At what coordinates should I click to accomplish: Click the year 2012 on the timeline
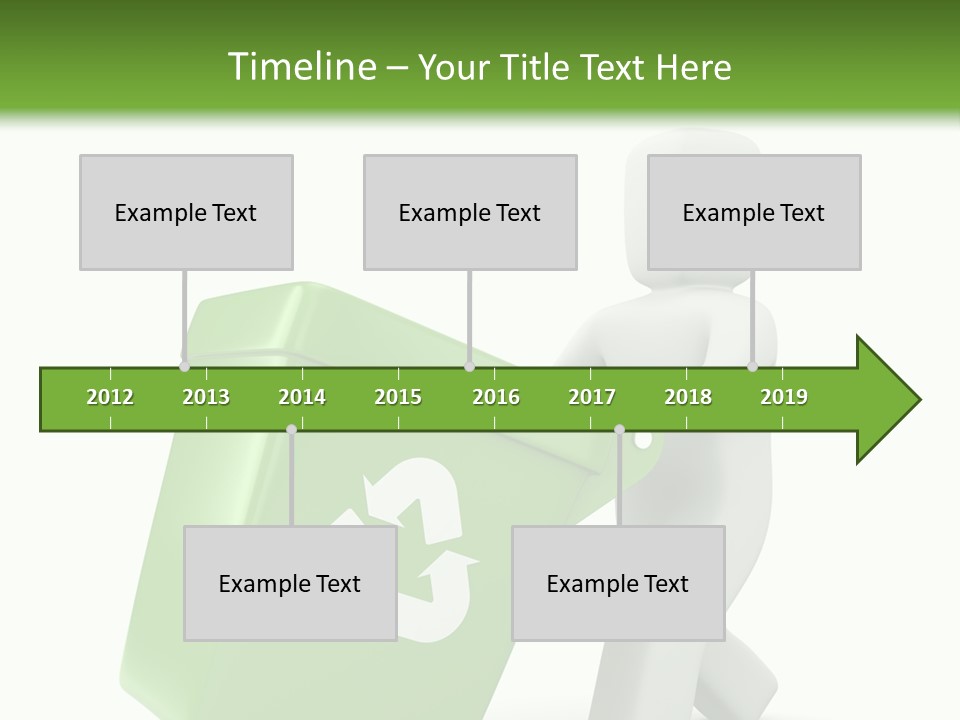pos(110,397)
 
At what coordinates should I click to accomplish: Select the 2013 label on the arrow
pos(206,397)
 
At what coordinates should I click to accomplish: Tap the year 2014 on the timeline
pos(302,397)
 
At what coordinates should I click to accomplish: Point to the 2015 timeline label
pos(398,397)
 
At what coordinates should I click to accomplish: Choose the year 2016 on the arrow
pos(496,397)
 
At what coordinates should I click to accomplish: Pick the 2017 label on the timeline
pos(592,397)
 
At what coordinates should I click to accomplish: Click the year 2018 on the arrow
pos(688,397)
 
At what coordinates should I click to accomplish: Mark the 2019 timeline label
pos(784,397)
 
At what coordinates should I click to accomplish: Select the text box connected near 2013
pos(186,212)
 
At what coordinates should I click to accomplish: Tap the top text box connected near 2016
pos(470,212)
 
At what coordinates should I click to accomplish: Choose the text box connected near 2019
pos(754,212)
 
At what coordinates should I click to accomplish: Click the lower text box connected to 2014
pos(290,583)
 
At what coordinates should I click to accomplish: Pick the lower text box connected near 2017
pos(618,583)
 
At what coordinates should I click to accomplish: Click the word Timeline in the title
pos(300,67)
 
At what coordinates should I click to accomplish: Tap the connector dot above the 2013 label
pos(185,354)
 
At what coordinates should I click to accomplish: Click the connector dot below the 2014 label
pos(291,430)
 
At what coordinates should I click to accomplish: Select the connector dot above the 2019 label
pos(753,366)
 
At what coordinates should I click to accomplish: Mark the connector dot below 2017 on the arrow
pos(619,430)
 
